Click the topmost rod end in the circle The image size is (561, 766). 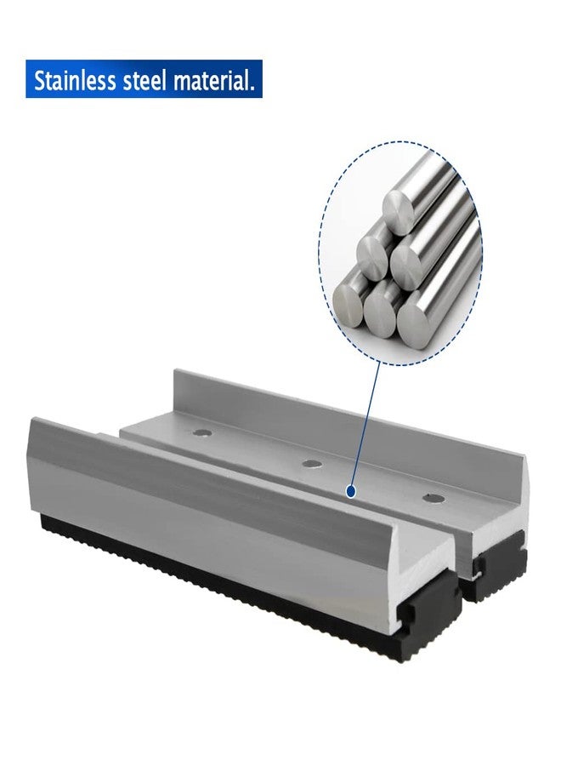(x=397, y=205)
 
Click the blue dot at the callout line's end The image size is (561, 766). (x=350, y=492)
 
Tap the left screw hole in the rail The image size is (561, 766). (x=201, y=433)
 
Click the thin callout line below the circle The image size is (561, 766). (x=361, y=426)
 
